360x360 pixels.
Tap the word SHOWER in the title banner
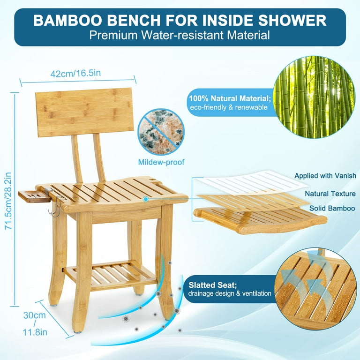click(292, 21)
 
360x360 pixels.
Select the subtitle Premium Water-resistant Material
click(180, 35)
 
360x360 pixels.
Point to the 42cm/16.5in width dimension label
click(75, 73)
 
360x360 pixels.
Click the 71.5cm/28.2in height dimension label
click(8, 201)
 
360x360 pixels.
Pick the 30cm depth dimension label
click(35, 315)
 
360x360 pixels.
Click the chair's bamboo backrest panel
click(85, 112)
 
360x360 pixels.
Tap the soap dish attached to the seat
click(34, 196)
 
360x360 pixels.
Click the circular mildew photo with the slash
click(161, 132)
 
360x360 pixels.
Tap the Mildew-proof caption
click(161, 162)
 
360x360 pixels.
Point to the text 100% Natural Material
click(230, 98)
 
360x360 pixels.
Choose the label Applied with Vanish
click(325, 176)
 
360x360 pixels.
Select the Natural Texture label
click(330, 194)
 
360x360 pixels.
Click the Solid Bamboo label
click(332, 208)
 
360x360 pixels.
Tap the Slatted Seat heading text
click(213, 285)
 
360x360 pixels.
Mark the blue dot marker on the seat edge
click(145, 199)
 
